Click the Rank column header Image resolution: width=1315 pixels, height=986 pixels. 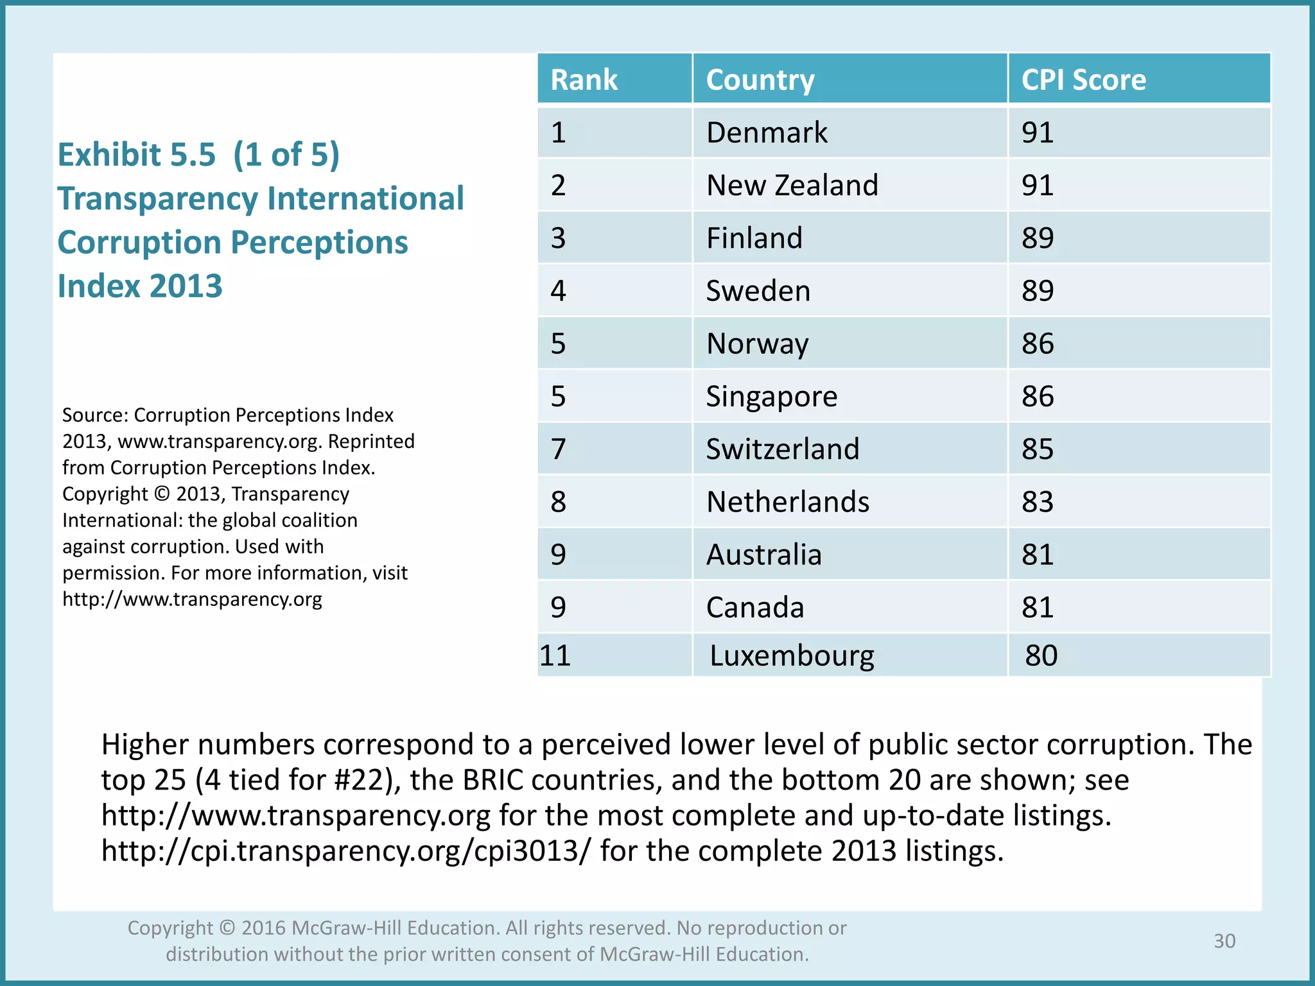pos(584,80)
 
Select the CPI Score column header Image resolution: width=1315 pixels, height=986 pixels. pos(1083,80)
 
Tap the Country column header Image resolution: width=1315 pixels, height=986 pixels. pos(760,80)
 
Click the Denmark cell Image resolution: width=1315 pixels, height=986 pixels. pos(767,133)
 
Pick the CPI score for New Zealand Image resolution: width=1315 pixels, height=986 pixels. pos(1038,186)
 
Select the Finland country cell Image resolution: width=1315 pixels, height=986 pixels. pos(754,238)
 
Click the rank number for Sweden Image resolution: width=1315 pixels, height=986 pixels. pos(558,291)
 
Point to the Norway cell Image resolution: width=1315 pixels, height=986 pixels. pos(757,344)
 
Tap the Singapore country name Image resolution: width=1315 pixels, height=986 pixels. pos(771,397)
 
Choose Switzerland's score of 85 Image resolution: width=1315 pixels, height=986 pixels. pos(1038,449)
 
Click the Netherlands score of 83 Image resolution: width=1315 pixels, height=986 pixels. pos(1038,502)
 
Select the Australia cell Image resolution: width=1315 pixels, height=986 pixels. pos(763,555)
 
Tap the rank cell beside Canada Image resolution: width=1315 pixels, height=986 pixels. pos(558,607)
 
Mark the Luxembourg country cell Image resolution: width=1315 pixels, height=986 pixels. pos(792,655)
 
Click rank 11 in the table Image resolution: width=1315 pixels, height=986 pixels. pos(555,655)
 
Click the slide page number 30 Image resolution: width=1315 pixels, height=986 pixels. pos(1224,941)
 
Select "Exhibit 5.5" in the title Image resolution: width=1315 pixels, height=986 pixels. pos(136,155)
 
